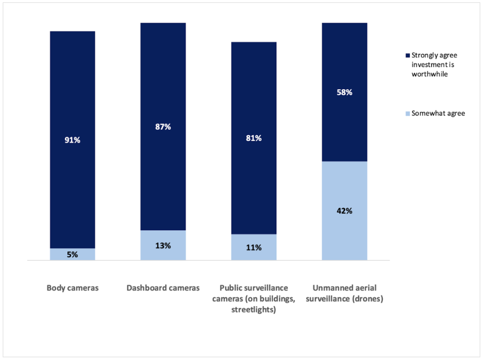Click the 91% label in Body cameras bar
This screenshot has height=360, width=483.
(73, 140)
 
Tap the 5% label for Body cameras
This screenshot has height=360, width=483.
(73, 255)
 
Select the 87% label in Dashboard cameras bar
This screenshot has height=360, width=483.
(163, 127)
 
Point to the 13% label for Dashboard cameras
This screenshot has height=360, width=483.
(163, 245)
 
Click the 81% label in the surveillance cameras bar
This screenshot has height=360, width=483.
(254, 138)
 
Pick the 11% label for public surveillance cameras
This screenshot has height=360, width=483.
(254, 247)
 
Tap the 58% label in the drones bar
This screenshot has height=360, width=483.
(344, 92)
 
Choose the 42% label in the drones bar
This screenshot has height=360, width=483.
(344, 211)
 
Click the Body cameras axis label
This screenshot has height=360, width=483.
(73, 288)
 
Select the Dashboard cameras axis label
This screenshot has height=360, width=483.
(163, 288)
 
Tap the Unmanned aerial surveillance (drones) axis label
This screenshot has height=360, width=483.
(344, 293)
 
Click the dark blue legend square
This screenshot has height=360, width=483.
(408, 55)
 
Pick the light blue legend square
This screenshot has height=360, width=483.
(408, 113)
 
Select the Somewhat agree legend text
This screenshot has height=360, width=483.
(438, 113)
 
